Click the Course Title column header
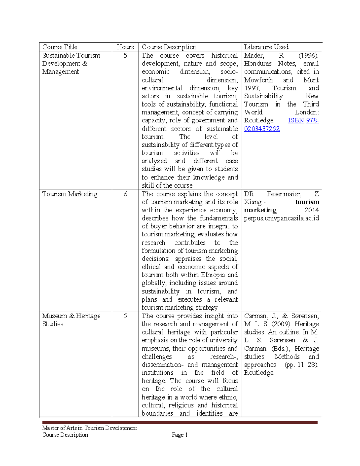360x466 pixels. coord(60,47)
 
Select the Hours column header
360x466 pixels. coord(125,47)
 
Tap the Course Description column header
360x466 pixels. coord(169,47)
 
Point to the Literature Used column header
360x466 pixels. coord(266,47)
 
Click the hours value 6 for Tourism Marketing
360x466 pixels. coord(125,194)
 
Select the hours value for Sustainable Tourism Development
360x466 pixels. coord(125,56)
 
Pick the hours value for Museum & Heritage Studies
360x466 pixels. coord(125,316)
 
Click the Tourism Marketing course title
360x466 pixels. coord(70,194)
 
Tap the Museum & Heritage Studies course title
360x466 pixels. coord(71,320)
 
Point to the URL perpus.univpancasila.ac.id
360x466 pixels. coord(281,218)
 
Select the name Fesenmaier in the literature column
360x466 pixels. coord(284,194)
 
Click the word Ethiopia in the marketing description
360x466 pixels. coord(213,275)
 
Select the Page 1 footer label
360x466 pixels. coord(180,435)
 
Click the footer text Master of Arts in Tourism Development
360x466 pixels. coord(89,428)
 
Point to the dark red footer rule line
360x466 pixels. coord(180,422)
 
